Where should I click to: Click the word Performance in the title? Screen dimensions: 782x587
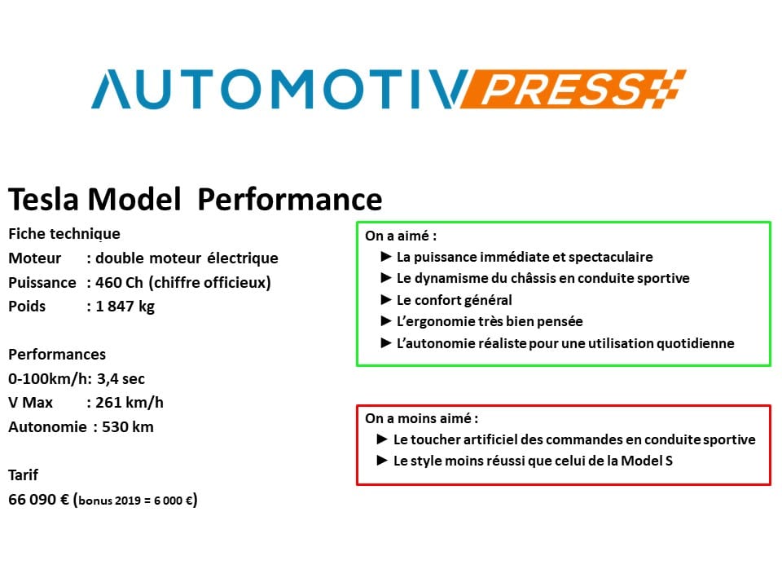tap(290, 200)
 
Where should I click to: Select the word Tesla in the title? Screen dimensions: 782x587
tap(43, 199)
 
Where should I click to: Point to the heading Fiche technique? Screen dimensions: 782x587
tap(64, 234)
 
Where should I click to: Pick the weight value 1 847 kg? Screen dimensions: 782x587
tap(125, 307)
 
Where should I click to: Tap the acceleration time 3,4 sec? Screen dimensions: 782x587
tap(121, 379)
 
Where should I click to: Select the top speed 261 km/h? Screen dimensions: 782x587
tap(130, 402)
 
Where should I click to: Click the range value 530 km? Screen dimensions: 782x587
tap(128, 426)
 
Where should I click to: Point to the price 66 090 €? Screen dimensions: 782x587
tap(38, 499)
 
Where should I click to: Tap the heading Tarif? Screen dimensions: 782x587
tap(23, 474)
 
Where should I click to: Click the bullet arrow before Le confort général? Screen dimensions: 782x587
tap(385, 299)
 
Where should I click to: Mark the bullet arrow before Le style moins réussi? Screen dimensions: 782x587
tap(383, 460)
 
